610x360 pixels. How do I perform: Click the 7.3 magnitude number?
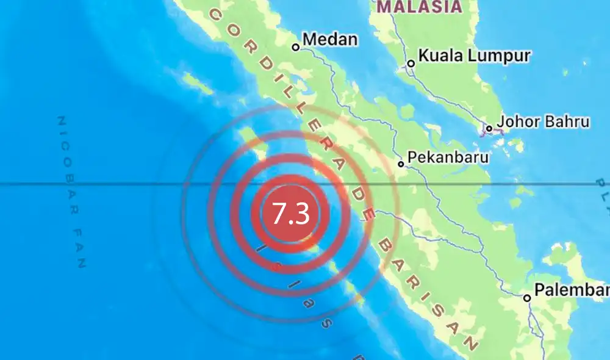pyautogui.click(x=291, y=214)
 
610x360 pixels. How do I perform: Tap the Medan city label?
pyautogui.click(x=329, y=40)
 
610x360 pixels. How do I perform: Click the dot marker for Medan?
pyautogui.click(x=296, y=46)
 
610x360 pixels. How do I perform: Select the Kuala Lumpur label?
pyautogui.click(x=469, y=56)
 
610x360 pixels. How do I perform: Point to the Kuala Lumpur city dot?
pyautogui.click(x=411, y=63)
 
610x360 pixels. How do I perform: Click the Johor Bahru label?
pyautogui.click(x=543, y=121)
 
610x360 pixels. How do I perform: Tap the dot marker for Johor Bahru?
pyautogui.click(x=489, y=129)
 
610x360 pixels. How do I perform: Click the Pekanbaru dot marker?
pyautogui.click(x=401, y=164)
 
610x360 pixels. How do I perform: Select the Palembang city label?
pyautogui.click(x=572, y=290)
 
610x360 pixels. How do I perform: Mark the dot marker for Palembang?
pyautogui.click(x=526, y=298)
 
